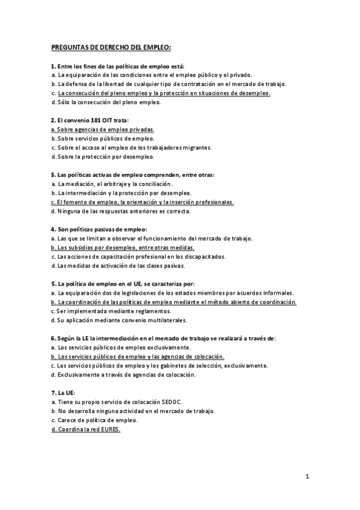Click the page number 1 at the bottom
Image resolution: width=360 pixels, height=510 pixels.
pos(307,477)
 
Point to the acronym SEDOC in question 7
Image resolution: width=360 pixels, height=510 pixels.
pos(172,401)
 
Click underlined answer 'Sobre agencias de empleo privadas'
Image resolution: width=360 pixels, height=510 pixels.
pos(103,129)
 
